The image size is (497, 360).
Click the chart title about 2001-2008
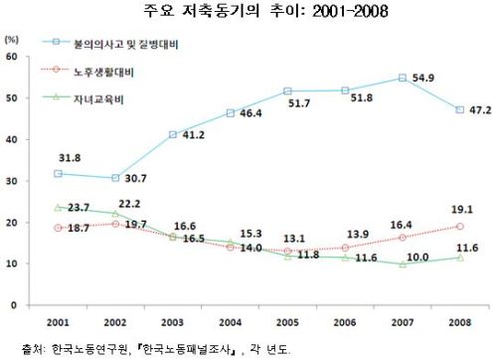(265, 11)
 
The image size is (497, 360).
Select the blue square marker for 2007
(403, 78)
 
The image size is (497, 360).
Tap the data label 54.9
(423, 78)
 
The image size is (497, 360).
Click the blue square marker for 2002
(115, 178)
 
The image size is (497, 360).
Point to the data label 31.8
(70, 158)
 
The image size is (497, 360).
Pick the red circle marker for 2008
(460, 227)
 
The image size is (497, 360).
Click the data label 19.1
(462, 210)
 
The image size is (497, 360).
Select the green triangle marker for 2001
(58, 208)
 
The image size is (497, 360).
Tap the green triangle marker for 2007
(403, 265)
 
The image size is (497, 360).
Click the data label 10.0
(417, 258)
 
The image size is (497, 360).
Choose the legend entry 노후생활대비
(103, 72)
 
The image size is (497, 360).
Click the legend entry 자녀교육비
(98, 99)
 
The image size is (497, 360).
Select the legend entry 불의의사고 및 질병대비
(126, 44)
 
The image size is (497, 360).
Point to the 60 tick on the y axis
(12, 57)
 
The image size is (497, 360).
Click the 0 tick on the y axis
(14, 305)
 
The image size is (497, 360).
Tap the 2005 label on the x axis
(287, 322)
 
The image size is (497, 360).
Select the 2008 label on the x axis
(460, 322)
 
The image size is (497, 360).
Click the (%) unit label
(12, 40)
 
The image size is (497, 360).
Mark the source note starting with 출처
(156, 349)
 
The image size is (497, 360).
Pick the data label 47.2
(480, 110)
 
